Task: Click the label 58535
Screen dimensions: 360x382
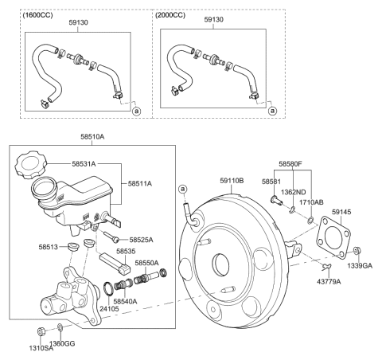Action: (x=126, y=252)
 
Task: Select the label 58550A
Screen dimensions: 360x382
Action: (x=146, y=263)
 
